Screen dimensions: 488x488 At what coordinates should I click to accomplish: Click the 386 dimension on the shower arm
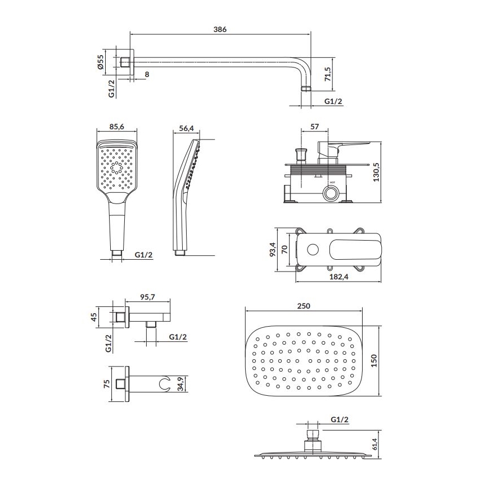pos(220,30)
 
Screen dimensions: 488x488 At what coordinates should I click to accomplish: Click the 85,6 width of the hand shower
pos(117,128)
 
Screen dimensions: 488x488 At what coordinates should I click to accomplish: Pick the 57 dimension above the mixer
pos(314,128)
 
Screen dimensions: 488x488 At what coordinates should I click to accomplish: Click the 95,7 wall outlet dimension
pos(147,296)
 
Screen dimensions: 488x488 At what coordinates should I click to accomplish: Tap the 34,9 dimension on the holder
pos(180,385)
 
